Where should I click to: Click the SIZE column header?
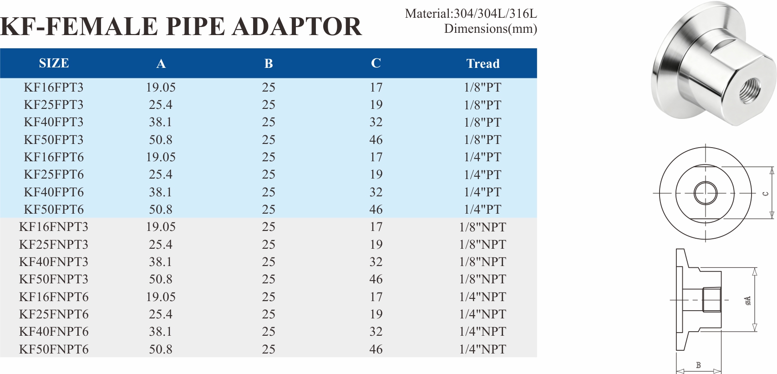click(54, 63)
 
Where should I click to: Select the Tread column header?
click(483, 63)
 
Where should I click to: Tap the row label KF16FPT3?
click(54, 87)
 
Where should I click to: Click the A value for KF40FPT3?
click(161, 122)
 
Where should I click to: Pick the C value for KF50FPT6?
click(376, 210)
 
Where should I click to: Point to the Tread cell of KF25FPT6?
click(482, 174)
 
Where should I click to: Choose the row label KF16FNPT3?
click(54, 227)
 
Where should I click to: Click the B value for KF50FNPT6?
click(269, 349)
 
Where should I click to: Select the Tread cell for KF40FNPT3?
click(482, 262)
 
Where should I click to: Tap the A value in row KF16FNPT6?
click(161, 297)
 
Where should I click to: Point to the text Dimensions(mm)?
click(490, 29)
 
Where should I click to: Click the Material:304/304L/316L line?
click(471, 14)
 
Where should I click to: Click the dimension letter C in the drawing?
click(766, 194)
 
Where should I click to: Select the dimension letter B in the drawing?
click(698, 365)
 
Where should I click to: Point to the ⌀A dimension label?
click(747, 301)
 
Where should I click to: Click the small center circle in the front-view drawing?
click(706, 193)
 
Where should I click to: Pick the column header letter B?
click(269, 63)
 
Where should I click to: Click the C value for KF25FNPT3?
click(376, 245)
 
